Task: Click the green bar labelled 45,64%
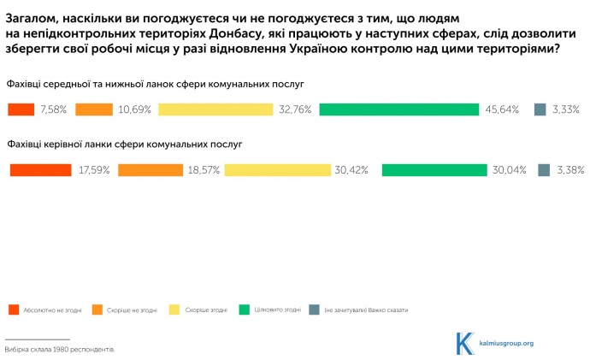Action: pyautogui.click(x=399, y=109)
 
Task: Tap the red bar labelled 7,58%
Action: pyautogui.click(x=21, y=109)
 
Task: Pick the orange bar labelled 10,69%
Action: pyautogui.click(x=94, y=109)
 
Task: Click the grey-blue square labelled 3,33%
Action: pyautogui.click(x=540, y=109)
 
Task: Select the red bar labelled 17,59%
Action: pyautogui.click(x=40, y=170)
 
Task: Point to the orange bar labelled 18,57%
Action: pyautogui.click(x=150, y=170)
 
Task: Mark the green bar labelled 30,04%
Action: pyautogui.click(x=434, y=170)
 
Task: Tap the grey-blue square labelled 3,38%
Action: pyautogui.click(x=544, y=170)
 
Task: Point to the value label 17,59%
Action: pyautogui.click(x=94, y=170)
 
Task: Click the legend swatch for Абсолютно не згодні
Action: pyautogui.click(x=15, y=309)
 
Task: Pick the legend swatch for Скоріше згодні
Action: pyautogui.click(x=175, y=309)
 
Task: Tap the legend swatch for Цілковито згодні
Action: pyautogui.click(x=244, y=309)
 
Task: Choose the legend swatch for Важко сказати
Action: pyautogui.click(x=315, y=309)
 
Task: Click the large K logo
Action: pyautogui.click(x=465, y=342)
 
